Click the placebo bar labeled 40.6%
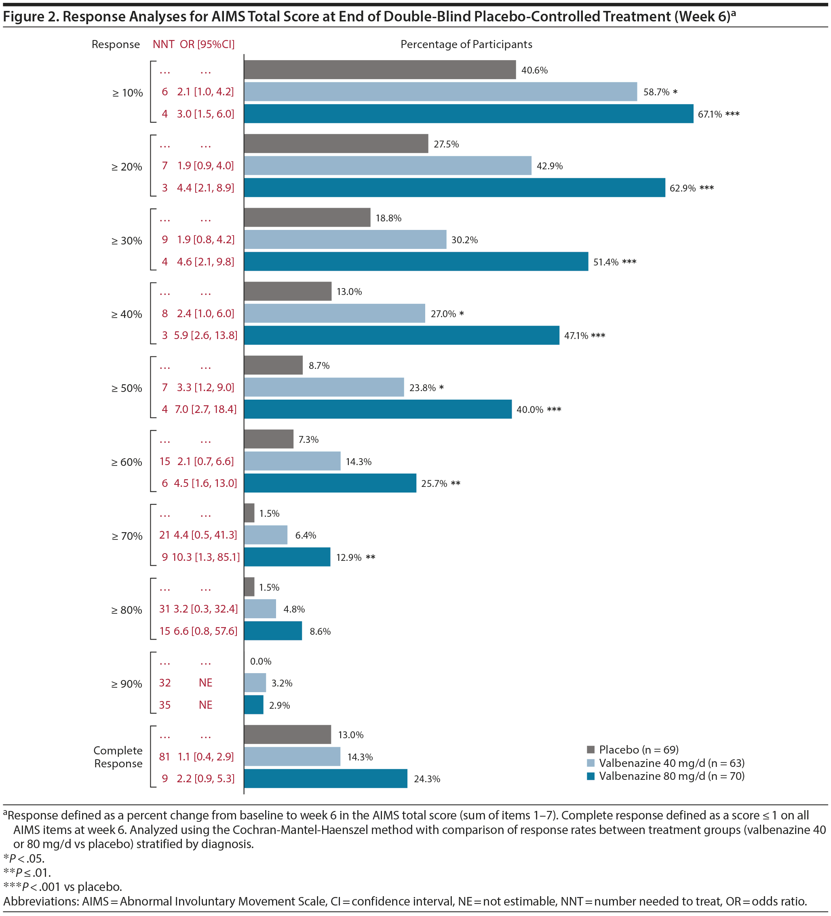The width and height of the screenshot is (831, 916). click(x=380, y=70)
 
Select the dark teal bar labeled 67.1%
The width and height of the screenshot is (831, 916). click(x=468, y=114)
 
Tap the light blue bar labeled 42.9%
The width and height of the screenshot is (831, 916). click(x=387, y=166)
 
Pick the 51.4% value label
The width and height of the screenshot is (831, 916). click(x=605, y=262)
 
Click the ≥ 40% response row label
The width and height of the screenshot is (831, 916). click(x=127, y=314)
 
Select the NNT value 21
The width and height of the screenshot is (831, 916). click(x=165, y=535)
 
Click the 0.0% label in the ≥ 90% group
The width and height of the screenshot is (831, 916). click(x=260, y=661)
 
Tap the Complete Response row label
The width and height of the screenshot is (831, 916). click(x=118, y=757)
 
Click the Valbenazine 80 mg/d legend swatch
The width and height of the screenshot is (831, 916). click(x=591, y=776)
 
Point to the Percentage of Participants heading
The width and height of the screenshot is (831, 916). click(x=466, y=44)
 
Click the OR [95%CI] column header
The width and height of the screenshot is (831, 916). click(x=207, y=44)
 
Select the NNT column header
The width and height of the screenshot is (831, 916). click(x=163, y=44)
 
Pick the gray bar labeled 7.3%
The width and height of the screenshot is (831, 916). click(x=269, y=439)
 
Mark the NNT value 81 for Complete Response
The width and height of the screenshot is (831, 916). click(x=165, y=756)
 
